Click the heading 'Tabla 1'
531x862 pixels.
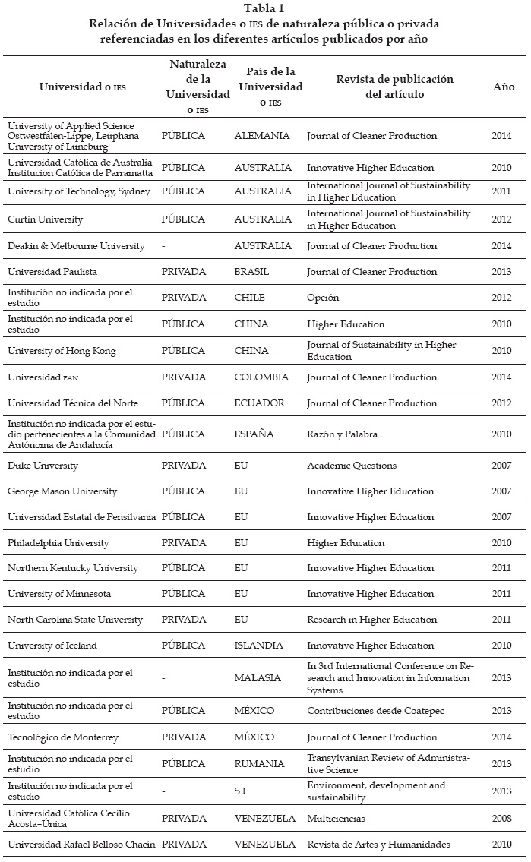tap(265, 8)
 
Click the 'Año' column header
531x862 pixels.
tap(504, 87)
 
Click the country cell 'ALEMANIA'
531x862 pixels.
tap(262, 136)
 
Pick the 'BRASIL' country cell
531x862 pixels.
tap(251, 272)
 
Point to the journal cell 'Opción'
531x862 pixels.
tap(323, 298)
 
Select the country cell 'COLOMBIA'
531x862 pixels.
tap(261, 377)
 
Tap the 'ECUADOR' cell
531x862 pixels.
tap(259, 403)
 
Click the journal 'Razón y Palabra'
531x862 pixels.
tap(342, 434)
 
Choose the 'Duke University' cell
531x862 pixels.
tap(43, 466)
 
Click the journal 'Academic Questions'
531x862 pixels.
tap(352, 466)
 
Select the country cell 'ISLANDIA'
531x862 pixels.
tap(258, 646)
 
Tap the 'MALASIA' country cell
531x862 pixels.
tap(258, 678)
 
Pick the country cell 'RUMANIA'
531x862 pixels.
tap(259, 764)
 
